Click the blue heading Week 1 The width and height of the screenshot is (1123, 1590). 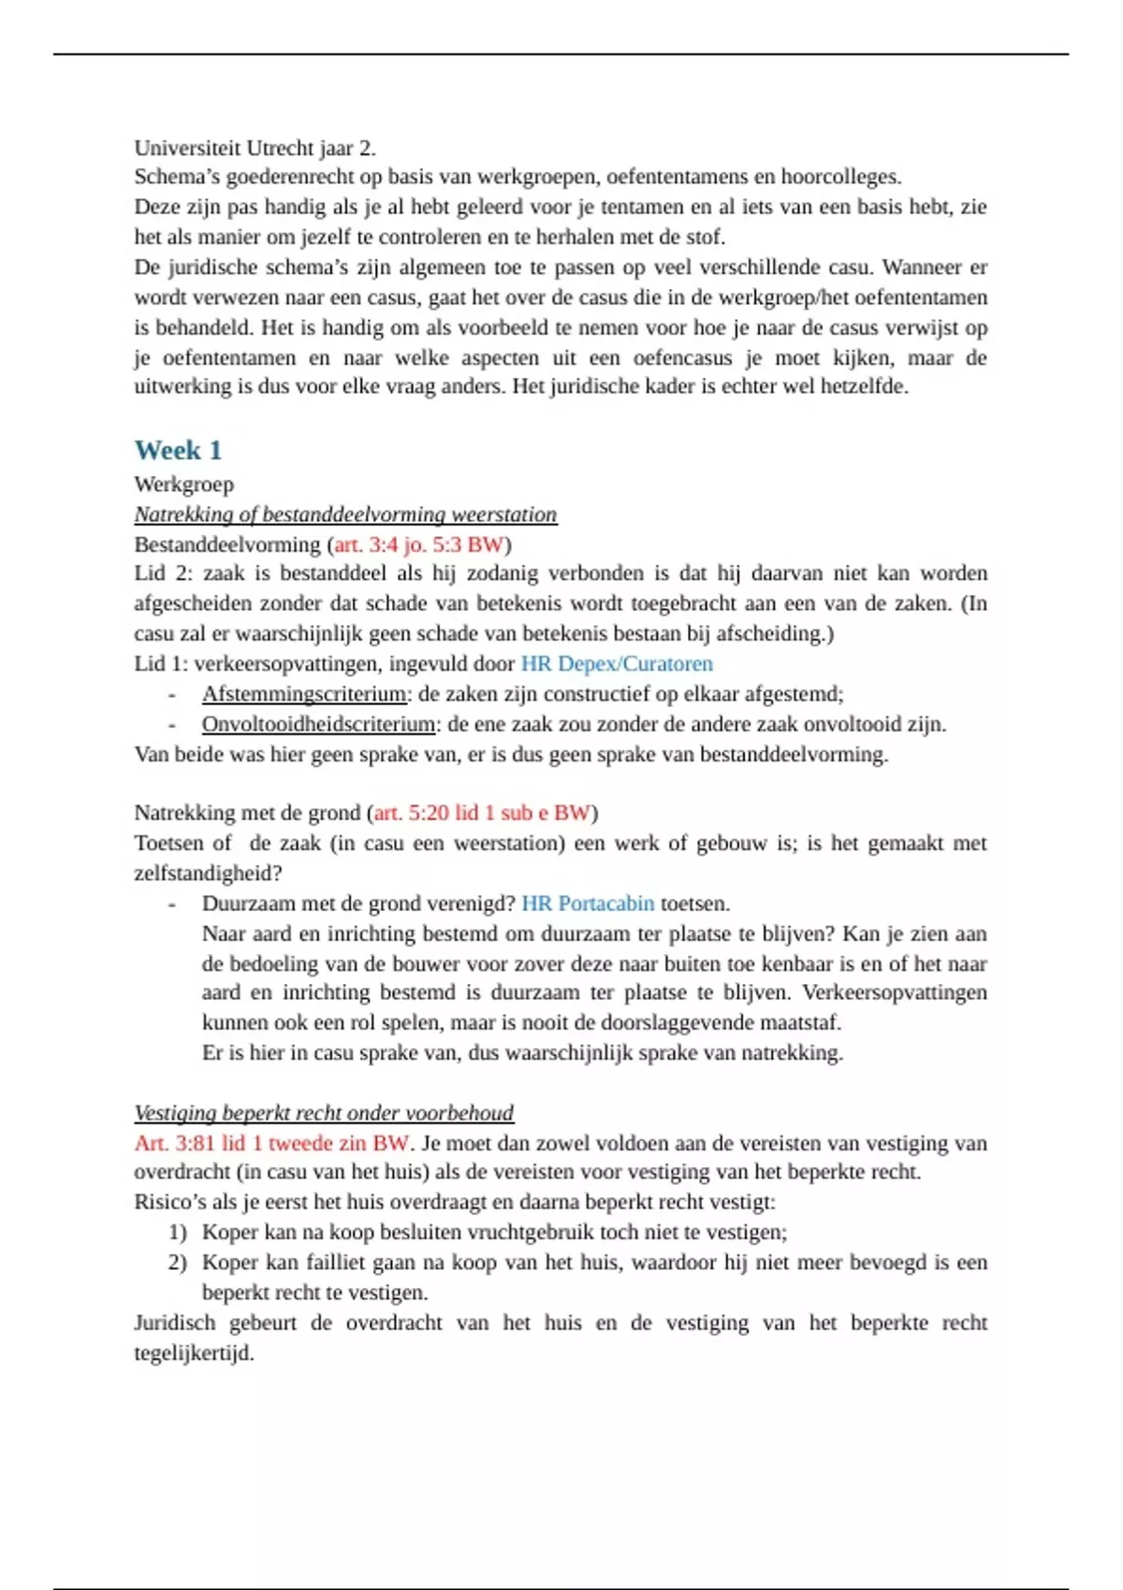pyautogui.click(x=178, y=451)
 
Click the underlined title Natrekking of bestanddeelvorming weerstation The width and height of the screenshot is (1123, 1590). pyautogui.click(x=345, y=514)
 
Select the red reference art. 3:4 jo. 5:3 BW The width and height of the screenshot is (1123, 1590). pyautogui.click(x=418, y=544)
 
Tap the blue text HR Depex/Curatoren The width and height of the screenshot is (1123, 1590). pyautogui.click(x=617, y=664)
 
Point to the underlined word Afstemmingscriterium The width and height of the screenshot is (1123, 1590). pyautogui.click(x=304, y=694)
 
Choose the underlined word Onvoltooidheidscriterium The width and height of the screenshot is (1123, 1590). pyautogui.click(x=318, y=724)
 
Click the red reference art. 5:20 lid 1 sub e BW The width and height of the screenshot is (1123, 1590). pyautogui.click(x=482, y=813)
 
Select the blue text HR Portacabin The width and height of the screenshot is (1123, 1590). pyautogui.click(x=588, y=903)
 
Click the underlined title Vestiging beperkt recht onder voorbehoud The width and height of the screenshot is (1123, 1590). pyautogui.click(x=324, y=1113)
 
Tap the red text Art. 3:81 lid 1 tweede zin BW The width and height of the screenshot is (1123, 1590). pyautogui.click(x=271, y=1143)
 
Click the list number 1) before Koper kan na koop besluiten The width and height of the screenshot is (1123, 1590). pyautogui.click(x=178, y=1233)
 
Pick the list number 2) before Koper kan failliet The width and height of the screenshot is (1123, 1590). pyautogui.click(x=178, y=1263)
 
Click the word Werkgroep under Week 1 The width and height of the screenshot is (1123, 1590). pyautogui.click(x=183, y=484)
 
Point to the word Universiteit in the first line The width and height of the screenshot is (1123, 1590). pyautogui.click(x=187, y=148)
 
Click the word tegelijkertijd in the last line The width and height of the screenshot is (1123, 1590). pyautogui.click(x=193, y=1353)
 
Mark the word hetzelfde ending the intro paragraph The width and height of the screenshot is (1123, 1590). pyautogui.click(x=863, y=386)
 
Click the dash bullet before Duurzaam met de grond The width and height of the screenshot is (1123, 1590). pyautogui.click(x=172, y=903)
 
